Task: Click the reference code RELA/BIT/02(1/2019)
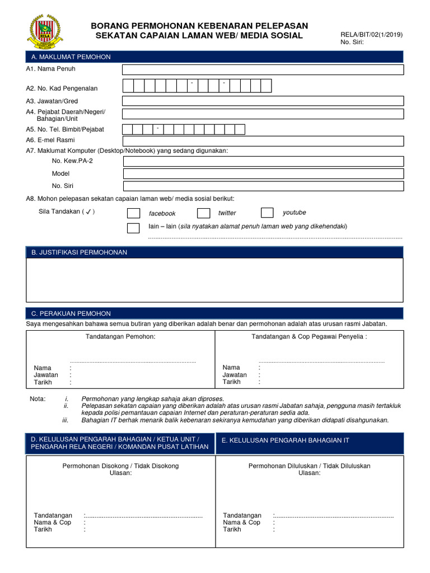371,34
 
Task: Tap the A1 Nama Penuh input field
263,69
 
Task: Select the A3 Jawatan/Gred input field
263,101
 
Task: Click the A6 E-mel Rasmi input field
263,140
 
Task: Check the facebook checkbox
133,213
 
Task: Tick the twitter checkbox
203,213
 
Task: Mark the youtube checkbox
267,213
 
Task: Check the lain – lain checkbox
133,228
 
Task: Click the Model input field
263,173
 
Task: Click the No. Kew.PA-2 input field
263,161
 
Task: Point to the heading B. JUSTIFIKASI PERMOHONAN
79,252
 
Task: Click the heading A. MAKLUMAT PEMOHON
71,57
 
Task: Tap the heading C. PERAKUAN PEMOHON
71,313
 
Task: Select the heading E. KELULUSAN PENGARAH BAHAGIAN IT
286,440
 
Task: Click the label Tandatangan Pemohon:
120,336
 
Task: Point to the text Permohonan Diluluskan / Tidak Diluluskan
309,466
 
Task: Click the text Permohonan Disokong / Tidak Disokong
120,466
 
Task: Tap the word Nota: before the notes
38,398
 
